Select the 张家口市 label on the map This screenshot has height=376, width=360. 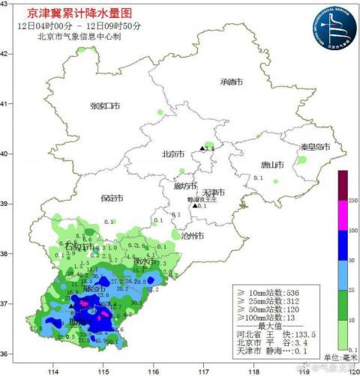pos(105,106)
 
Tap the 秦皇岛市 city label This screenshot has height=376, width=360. pos(315,148)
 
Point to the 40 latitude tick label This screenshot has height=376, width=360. pos(5,154)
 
